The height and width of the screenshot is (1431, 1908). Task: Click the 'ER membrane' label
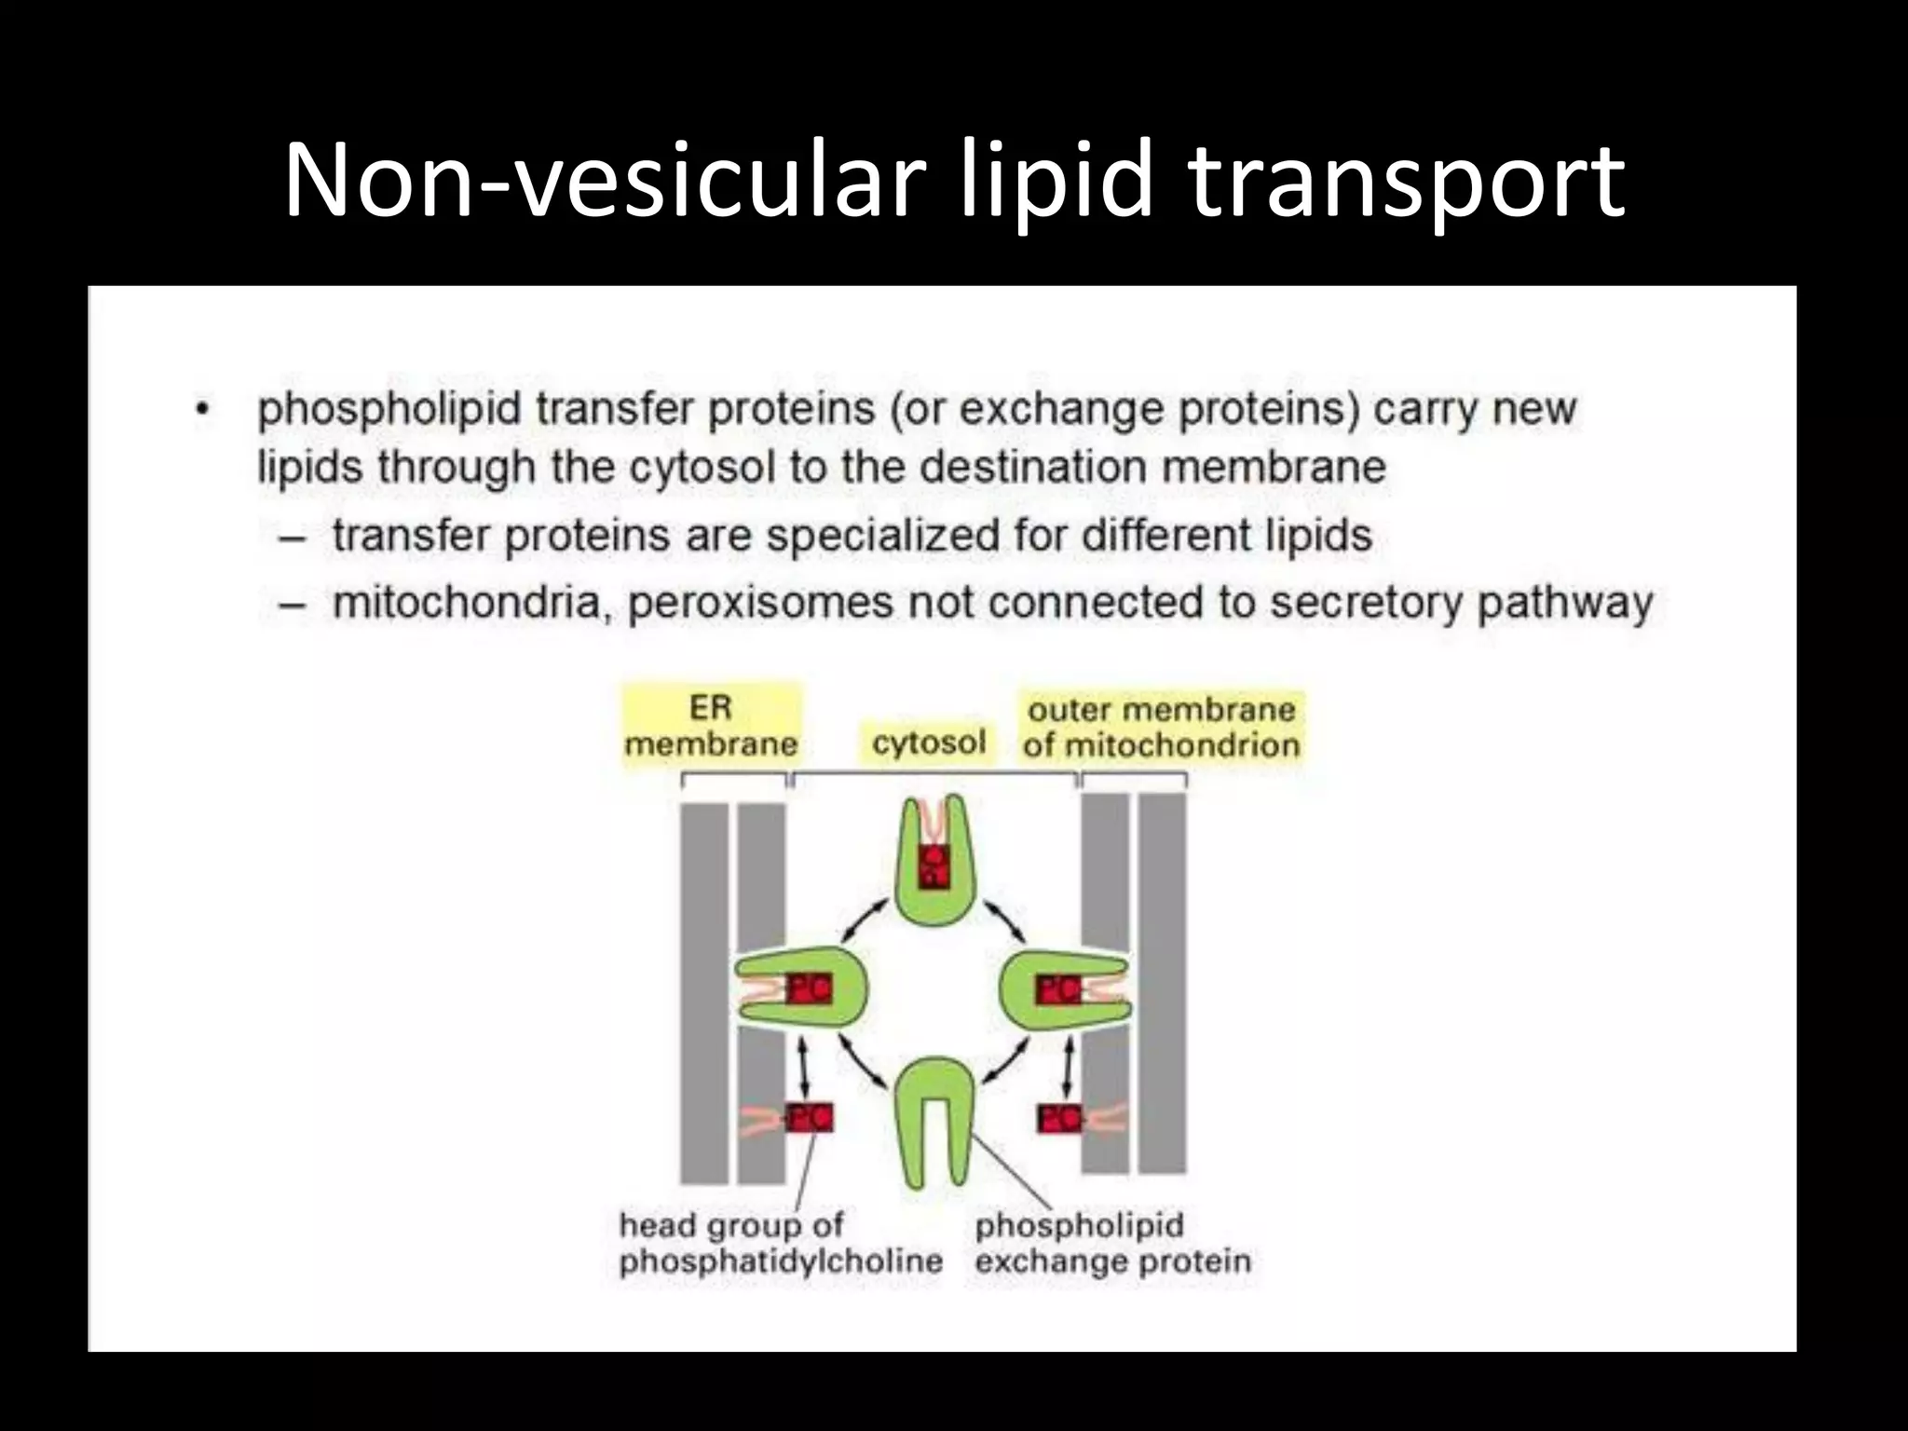711,726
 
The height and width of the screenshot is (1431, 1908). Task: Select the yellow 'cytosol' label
928,743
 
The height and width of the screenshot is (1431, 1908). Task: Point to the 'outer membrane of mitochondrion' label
1161,728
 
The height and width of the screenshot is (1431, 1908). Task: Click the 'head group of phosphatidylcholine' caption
781,1243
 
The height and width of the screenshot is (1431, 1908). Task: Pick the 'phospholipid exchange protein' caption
1112,1243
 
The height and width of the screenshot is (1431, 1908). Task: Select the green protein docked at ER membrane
811,988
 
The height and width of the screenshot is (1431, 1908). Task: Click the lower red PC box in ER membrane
808,1117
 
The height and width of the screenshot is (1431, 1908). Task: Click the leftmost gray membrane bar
704,992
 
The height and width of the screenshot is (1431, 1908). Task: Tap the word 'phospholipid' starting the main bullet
389,410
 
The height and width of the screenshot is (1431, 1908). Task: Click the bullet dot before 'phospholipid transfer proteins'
201,408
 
